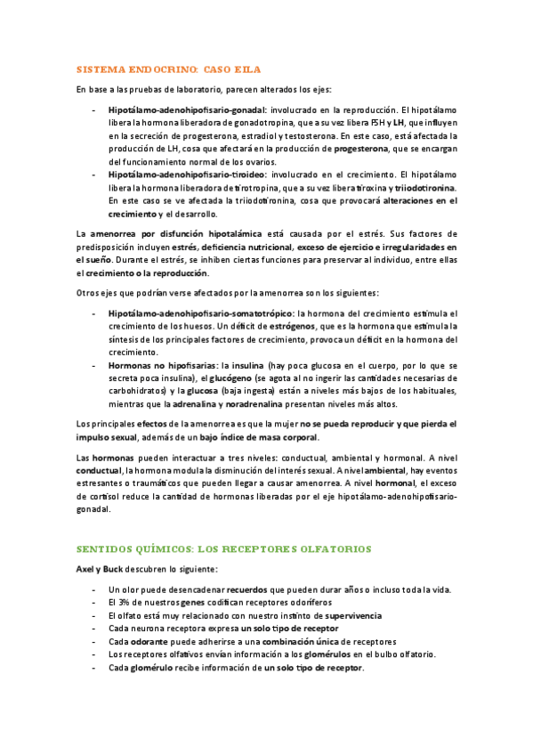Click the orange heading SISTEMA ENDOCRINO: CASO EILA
point(168,69)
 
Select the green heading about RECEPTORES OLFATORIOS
point(223,548)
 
